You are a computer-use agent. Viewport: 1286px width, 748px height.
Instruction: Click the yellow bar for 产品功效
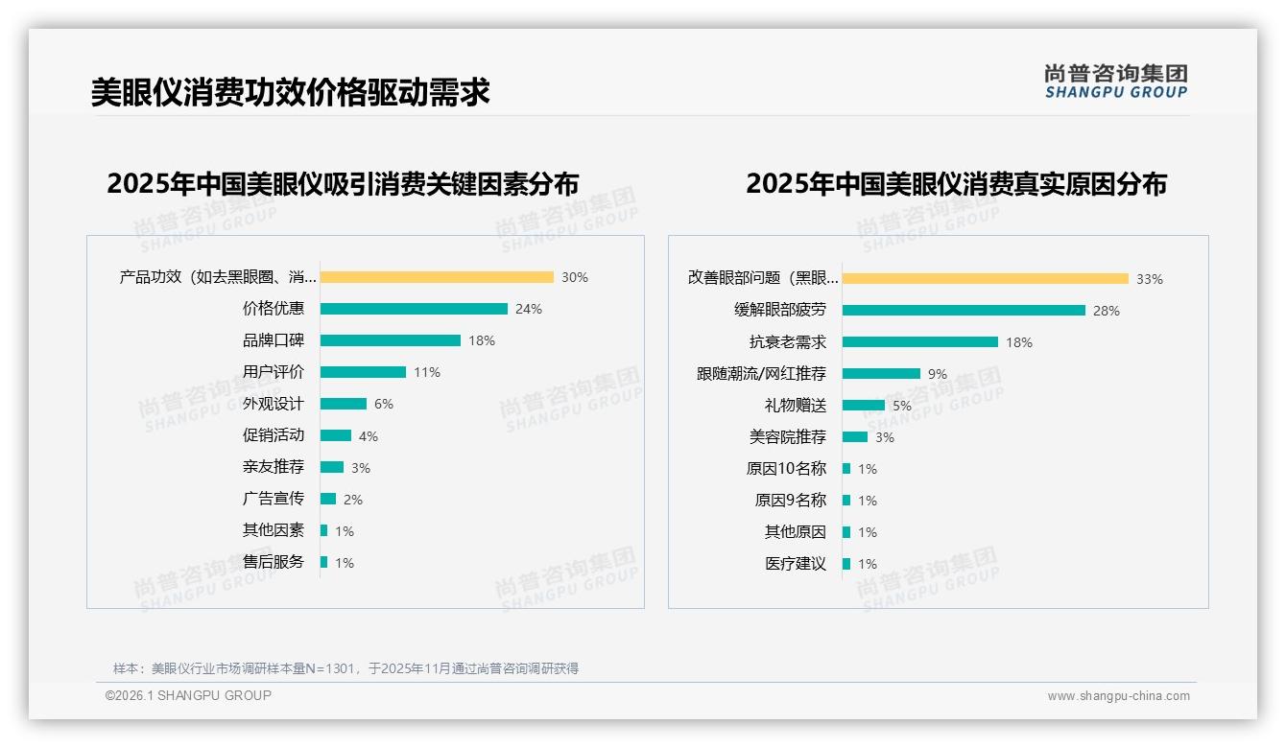point(437,277)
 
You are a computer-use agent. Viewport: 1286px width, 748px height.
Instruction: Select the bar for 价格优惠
point(414,309)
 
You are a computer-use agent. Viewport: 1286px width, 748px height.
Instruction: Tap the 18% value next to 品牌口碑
point(482,340)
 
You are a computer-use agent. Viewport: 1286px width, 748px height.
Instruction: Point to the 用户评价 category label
point(274,372)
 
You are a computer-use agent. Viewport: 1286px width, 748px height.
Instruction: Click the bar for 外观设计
point(344,404)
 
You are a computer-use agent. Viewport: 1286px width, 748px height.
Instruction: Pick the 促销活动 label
point(274,435)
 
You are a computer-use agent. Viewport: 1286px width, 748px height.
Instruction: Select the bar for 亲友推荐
point(332,467)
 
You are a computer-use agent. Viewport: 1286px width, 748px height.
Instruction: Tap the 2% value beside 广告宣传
point(353,500)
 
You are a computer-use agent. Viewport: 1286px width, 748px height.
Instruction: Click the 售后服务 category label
point(274,562)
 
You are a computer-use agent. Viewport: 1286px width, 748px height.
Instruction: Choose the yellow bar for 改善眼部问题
point(986,279)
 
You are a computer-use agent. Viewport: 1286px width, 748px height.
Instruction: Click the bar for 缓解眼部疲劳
point(964,311)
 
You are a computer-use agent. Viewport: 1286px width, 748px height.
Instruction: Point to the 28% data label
point(1107,311)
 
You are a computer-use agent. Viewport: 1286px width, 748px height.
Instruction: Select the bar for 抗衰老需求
point(920,342)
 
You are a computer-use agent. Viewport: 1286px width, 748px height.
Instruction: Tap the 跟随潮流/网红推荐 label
point(761,374)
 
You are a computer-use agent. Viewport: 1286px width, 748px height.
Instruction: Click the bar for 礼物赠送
point(864,406)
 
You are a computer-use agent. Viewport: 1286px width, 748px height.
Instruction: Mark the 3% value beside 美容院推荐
point(885,437)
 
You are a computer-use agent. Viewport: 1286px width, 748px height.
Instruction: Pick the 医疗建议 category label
point(796,564)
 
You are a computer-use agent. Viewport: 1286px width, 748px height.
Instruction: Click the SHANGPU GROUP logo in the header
point(1116,82)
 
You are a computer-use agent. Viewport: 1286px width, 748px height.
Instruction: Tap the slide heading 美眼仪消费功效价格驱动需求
point(291,92)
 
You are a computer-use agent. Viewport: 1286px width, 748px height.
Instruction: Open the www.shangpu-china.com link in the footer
point(1118,696)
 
